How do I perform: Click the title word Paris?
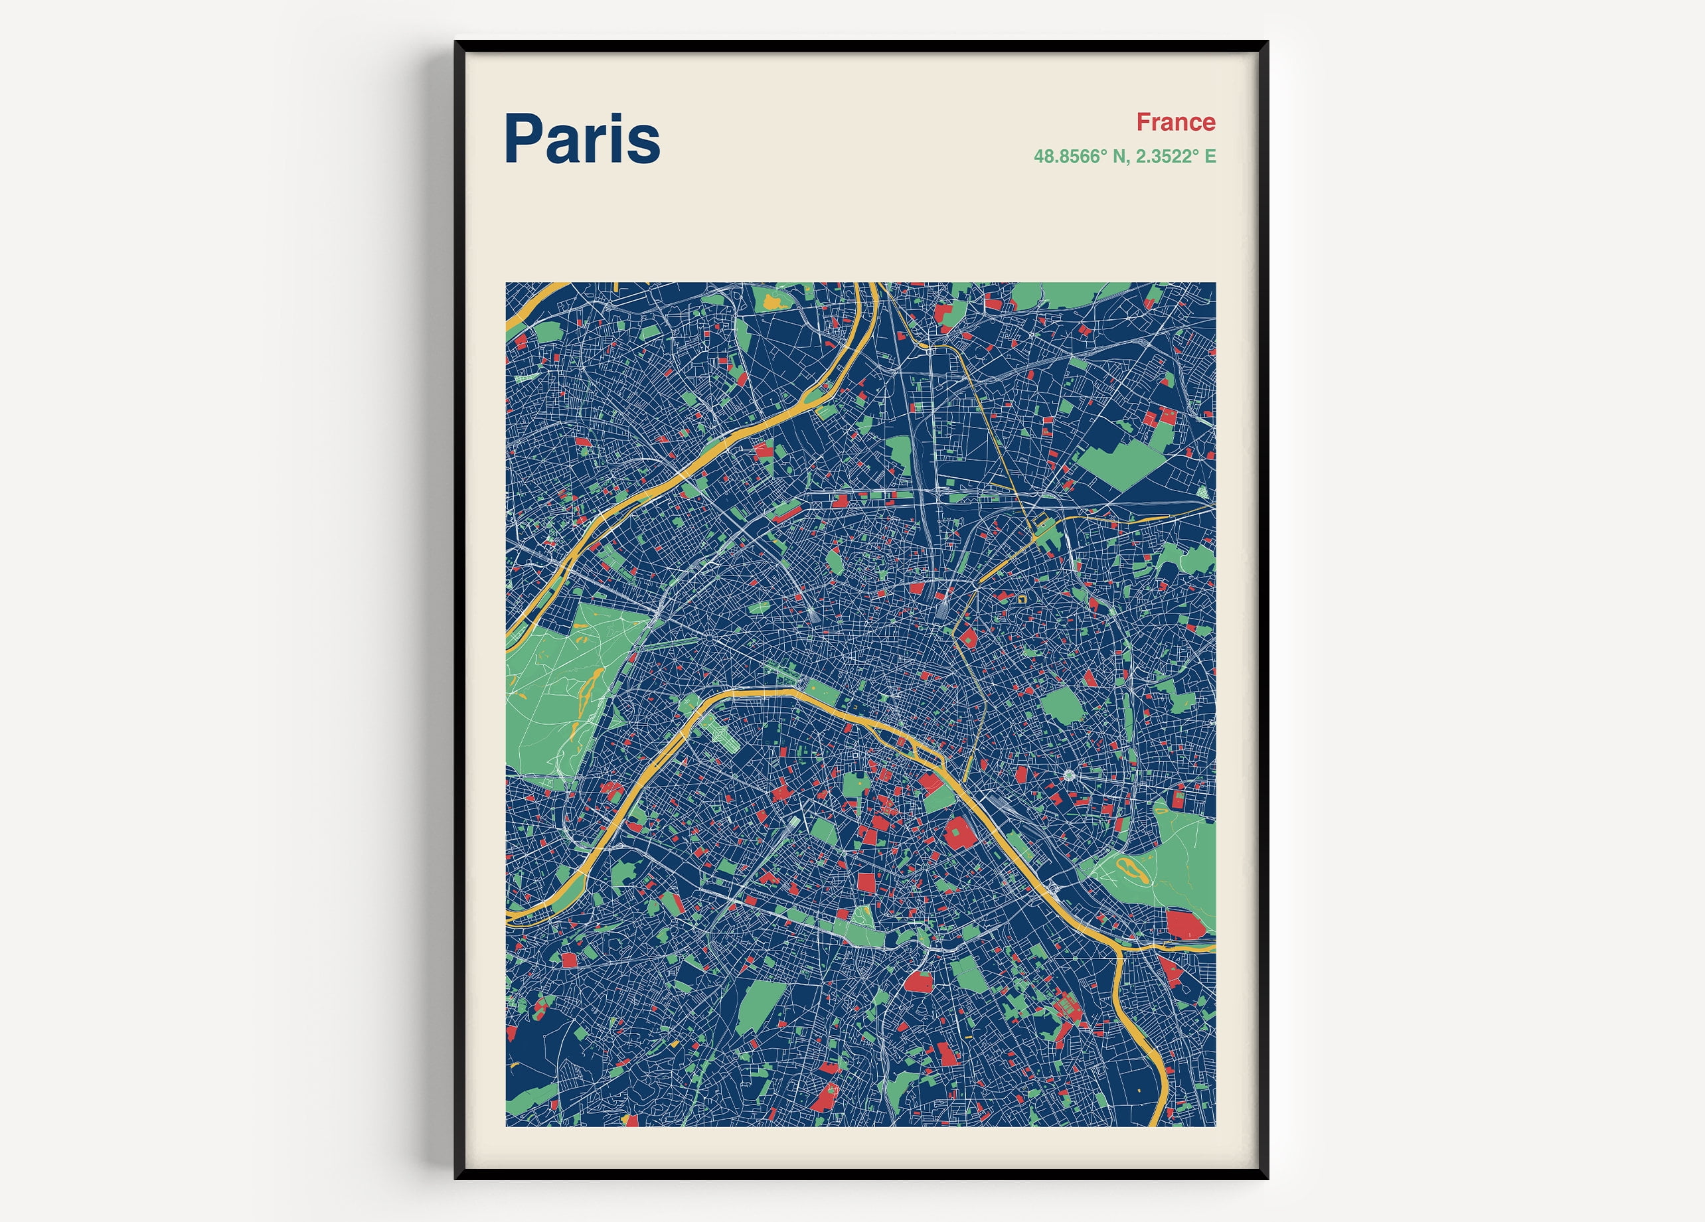[x=582, y=139]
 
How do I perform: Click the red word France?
[x=1175, y=121]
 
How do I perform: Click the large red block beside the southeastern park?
[x=1184, y=925]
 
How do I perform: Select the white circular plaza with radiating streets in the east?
[x=1069, y=775]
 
